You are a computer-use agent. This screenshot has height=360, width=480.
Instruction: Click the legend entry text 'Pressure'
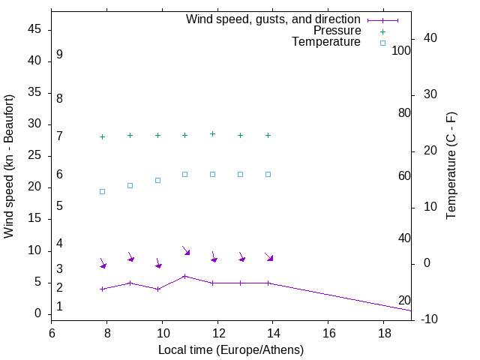click(337, 31)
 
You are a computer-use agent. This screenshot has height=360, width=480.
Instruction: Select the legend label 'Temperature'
click(326, 42)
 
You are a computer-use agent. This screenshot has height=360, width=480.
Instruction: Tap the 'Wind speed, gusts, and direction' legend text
click(274, 19)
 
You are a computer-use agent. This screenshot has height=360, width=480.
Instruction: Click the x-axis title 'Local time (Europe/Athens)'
click(231, 349)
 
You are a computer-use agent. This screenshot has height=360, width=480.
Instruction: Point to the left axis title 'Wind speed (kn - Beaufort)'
click(9, 166)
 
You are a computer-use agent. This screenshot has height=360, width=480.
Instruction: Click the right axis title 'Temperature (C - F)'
click(451, 166)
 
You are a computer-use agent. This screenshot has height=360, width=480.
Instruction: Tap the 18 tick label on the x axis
click(383, 332)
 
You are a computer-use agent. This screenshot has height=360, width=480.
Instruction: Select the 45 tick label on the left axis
click(34, 30)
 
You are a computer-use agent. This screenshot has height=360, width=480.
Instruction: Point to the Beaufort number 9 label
click(59, 55)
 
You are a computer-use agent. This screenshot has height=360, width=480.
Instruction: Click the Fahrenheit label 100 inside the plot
click(401, 51)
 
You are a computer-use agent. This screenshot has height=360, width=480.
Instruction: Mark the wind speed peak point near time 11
click(184, 276)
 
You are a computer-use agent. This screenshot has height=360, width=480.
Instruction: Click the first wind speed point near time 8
click(102, 289)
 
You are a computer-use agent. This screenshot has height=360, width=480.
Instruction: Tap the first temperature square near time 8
click(102, 191)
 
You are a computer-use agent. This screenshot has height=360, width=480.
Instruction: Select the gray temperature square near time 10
click(157, 180)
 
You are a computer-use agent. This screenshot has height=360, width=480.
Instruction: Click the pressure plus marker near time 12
click(212, 133)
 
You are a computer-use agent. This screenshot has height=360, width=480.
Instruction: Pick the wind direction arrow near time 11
click(186, 250)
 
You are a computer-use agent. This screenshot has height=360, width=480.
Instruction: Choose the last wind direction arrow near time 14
click(269, 257)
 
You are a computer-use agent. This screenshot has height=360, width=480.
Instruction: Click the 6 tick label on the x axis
click(52, 332)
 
